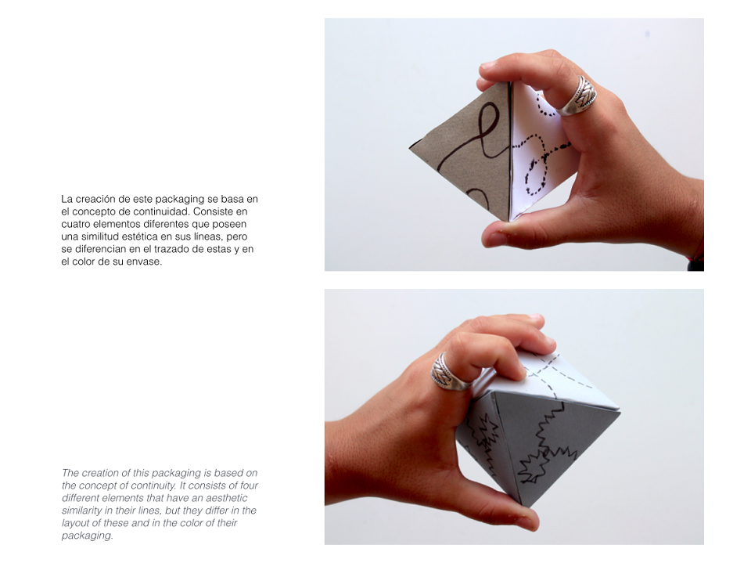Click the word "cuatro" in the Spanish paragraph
point(76,224)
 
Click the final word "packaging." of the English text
point(87,536)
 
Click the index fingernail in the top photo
point(488,65)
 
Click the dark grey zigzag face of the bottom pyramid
point(551,446)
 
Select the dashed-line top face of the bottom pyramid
point(560,379)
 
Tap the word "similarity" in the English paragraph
point(84,511)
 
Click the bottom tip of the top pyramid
point(508,221)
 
